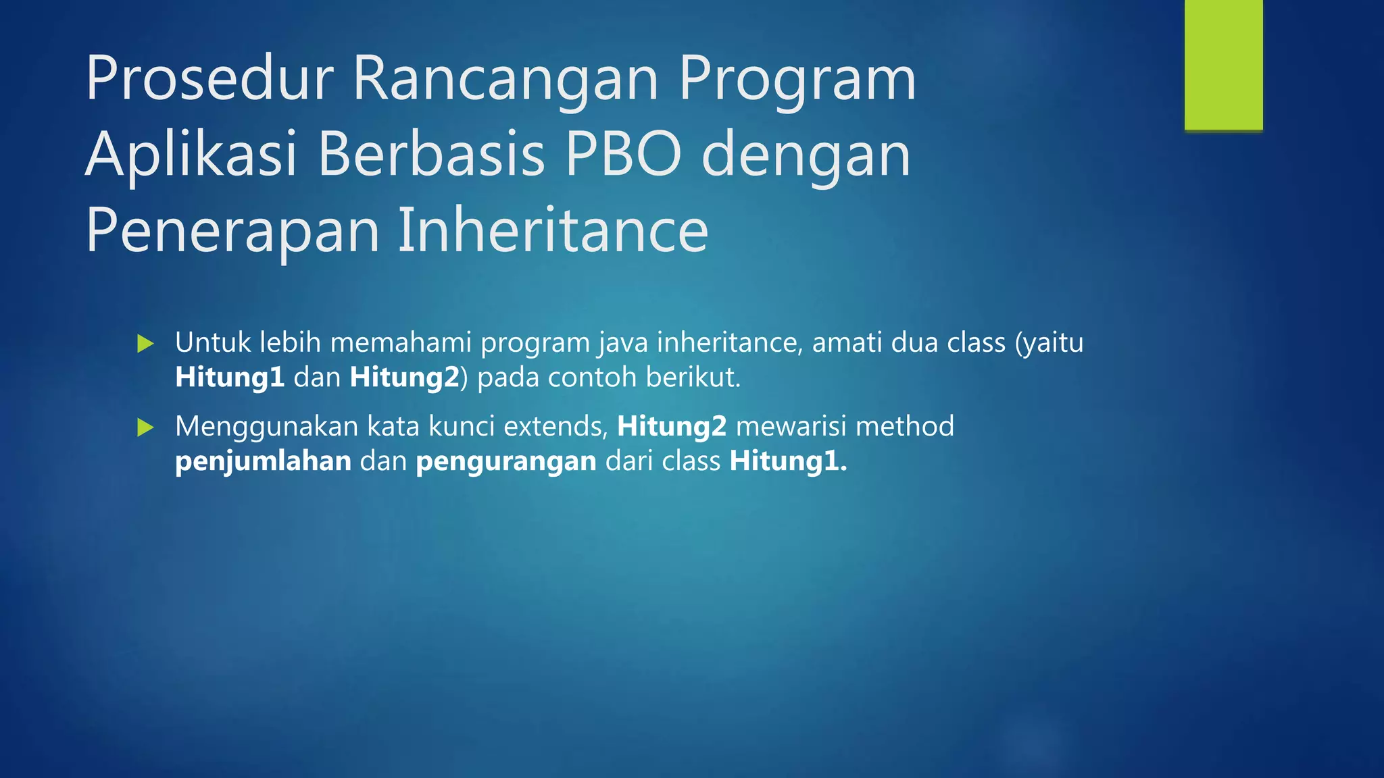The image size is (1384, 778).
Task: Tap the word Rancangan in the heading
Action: point(505,80)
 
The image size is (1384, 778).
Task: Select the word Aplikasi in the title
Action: point(191,155)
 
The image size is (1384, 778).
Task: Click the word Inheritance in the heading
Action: point(553,231)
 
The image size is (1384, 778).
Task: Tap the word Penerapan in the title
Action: point(232,231)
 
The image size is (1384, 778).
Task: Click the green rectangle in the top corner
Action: point(1223,65)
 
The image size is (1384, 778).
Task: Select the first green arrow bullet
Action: point(145,344)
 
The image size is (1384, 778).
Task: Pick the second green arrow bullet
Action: point(145,427)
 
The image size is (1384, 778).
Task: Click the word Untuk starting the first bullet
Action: point(213,343)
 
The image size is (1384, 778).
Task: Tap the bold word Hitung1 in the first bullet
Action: point(230,378)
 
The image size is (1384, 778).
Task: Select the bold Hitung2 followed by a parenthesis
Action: point(405,378)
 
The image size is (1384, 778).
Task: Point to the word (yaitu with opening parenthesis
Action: point(1049,343)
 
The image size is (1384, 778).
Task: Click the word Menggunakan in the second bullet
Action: point(266,427)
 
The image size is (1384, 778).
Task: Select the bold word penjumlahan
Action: point(263,462)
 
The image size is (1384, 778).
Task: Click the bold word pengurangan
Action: point(506,462)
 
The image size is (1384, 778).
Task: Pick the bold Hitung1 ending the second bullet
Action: point(787,462)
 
